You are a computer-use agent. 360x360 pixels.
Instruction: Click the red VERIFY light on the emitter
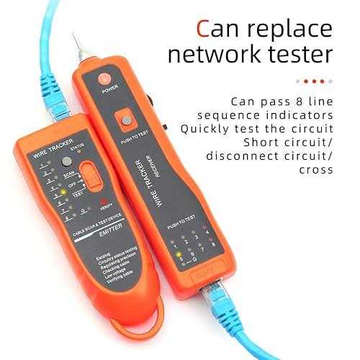(104, 201)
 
